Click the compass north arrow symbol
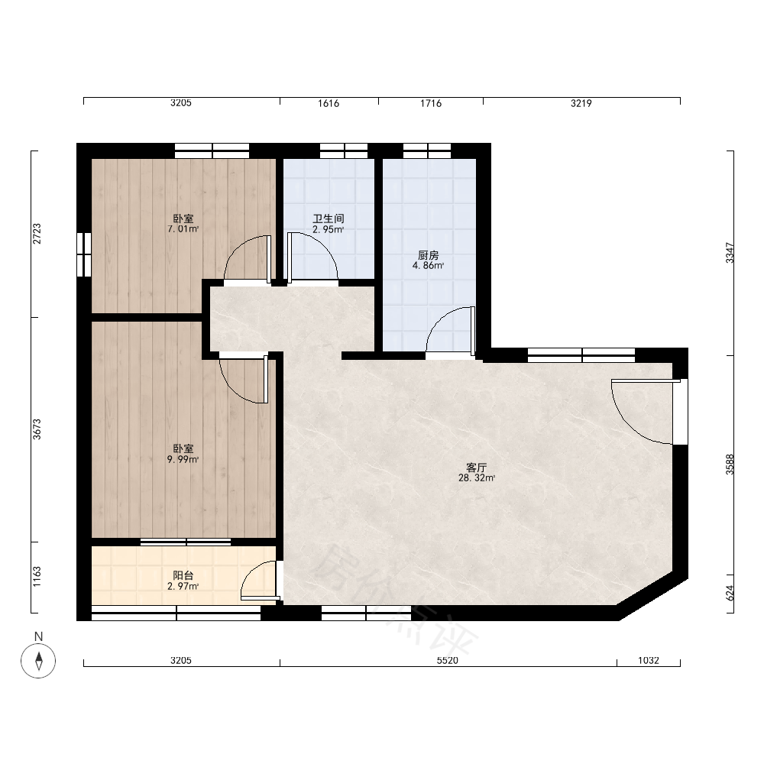[x=38, y=661]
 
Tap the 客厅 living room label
[x=477, y=468]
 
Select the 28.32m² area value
[x=477, y=478]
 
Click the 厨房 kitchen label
[x=429, y=255]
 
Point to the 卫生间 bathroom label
[x=329, y=219]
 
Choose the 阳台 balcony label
[x=183, y=575]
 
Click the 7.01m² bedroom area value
[x=183, y=229]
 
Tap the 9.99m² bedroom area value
[x=183, y=459]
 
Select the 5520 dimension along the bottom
[x=447, y=660]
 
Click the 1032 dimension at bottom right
[x=649, y=660]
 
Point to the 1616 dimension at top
[x=329, y=103]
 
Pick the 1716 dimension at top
[x=431, y=103]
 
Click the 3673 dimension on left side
[x=37, y=429]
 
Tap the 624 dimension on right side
[x=730, y=593]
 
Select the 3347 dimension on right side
[x=730, y=253]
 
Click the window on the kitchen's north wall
[x=427, y=151]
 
